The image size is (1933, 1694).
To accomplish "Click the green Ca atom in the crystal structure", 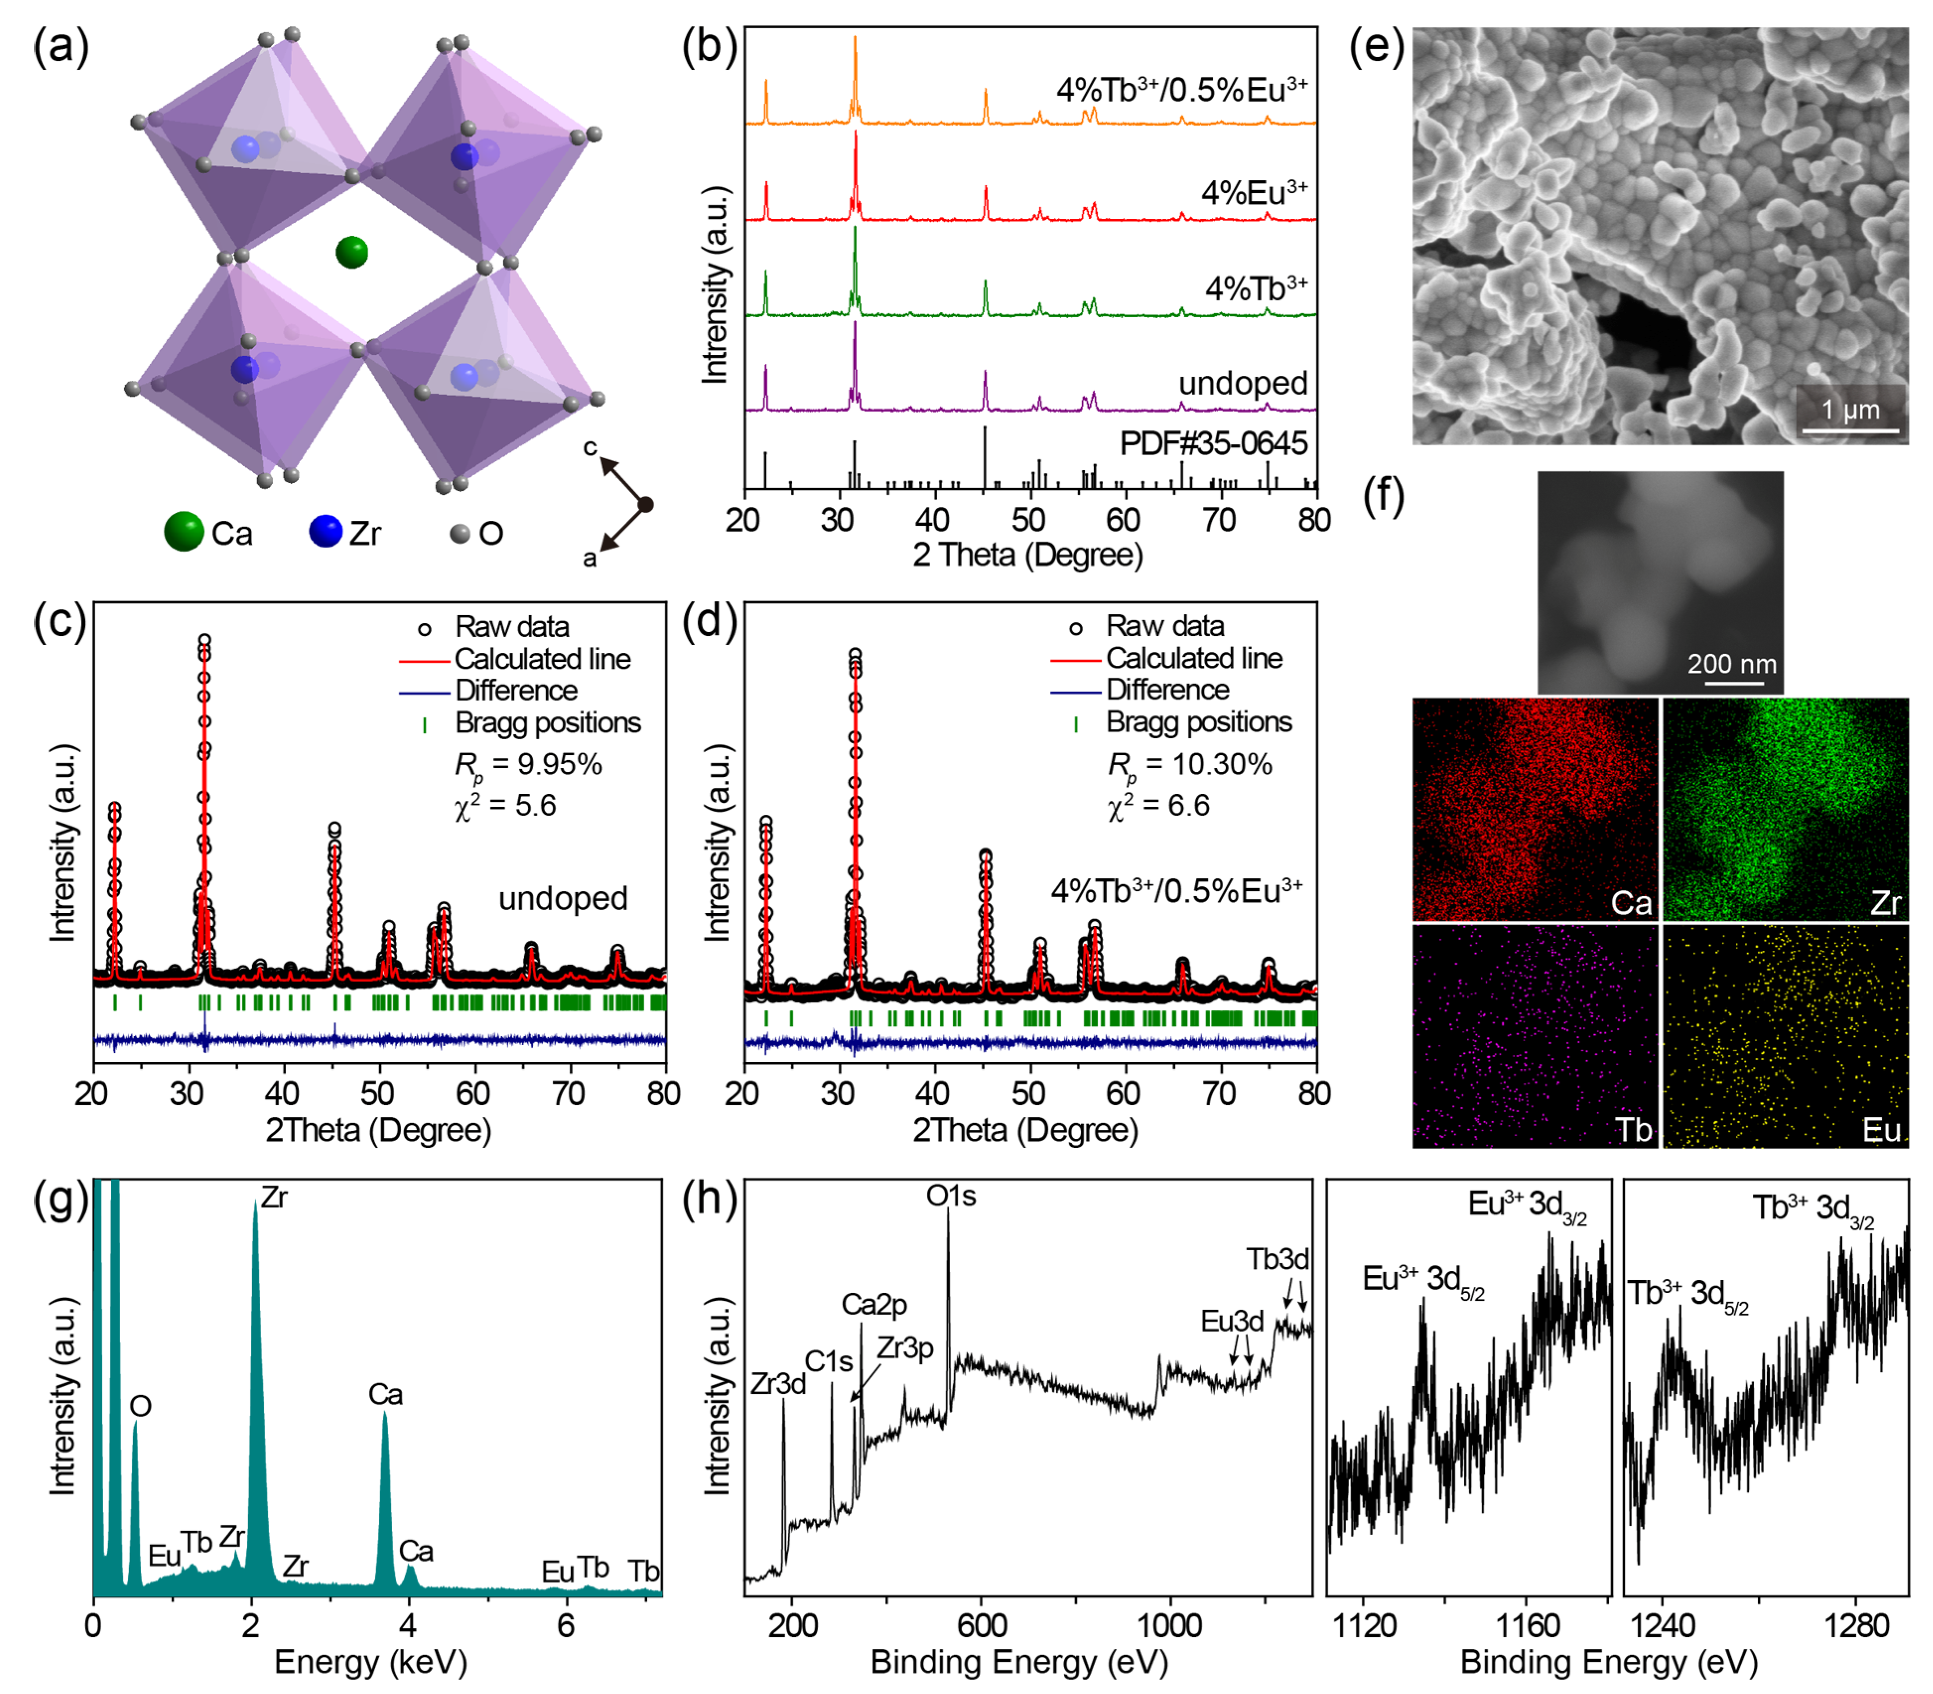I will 351,252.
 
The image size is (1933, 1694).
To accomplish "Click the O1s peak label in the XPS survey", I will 950,1197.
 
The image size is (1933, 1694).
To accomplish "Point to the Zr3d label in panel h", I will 778,1384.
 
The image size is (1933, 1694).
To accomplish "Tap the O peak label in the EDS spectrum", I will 140,1407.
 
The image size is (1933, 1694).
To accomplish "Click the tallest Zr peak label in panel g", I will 274,1198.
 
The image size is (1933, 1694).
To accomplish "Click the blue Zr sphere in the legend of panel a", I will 325,531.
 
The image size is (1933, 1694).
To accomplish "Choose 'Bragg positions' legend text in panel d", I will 1198,722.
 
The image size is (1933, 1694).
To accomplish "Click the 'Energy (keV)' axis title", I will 370,1661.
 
